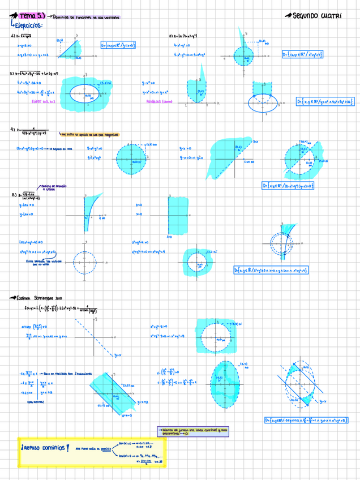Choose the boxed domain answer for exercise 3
pos(325,101)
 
